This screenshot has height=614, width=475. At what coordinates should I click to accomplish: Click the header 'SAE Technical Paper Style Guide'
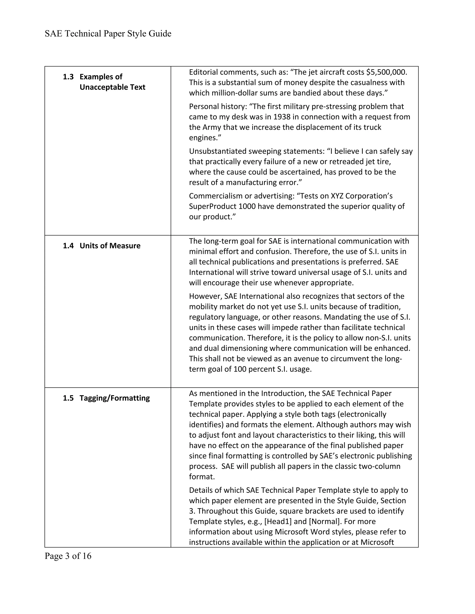click(x=108, y=34)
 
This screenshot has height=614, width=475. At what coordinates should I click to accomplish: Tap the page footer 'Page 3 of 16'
click(x=68, y=556)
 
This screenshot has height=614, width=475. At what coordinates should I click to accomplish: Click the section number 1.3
click(x=68, y=77)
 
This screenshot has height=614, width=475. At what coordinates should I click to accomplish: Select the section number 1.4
click(x=68, y=246)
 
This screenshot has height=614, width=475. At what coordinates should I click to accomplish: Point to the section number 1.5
click(x=68, y=398)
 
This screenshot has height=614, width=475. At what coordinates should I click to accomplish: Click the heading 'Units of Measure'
click(x=110, y=246)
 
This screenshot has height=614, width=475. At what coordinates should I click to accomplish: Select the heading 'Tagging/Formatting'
click(x=115, y=398)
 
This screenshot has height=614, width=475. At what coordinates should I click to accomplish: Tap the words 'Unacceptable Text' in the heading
click(x=112, y=87)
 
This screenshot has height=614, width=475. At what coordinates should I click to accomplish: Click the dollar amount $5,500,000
click(x=386, y=72)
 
